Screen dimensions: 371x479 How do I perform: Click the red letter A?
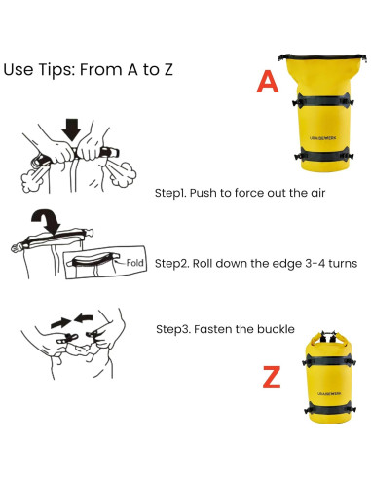tap(268, 82)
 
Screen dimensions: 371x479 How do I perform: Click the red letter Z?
tap(272, 377)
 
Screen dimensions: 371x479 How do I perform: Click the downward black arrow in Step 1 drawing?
tap(71, 129)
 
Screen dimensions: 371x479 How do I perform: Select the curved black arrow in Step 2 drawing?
tap(47, 221)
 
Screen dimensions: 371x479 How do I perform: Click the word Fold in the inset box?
tap(134, 263)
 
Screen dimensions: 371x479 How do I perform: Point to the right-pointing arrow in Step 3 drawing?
tap(60, 323)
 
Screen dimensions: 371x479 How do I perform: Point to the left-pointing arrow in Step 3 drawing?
tap(84, 318)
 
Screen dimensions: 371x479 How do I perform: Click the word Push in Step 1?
tap(203, 193)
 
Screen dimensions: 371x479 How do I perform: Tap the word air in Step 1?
tap(318, 193)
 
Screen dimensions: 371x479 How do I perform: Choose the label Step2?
tap(171, 264)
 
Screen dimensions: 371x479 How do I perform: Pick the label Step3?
tap(173, 329)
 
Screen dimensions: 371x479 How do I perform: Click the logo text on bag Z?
tap(329, 393)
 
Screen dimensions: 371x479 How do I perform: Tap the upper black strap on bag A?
tap(323, 100)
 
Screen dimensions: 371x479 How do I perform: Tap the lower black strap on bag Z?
tap(329, 409)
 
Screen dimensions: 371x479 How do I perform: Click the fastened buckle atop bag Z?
tap(328, 336)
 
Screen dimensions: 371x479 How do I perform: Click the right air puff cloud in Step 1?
tap(122, 174)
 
